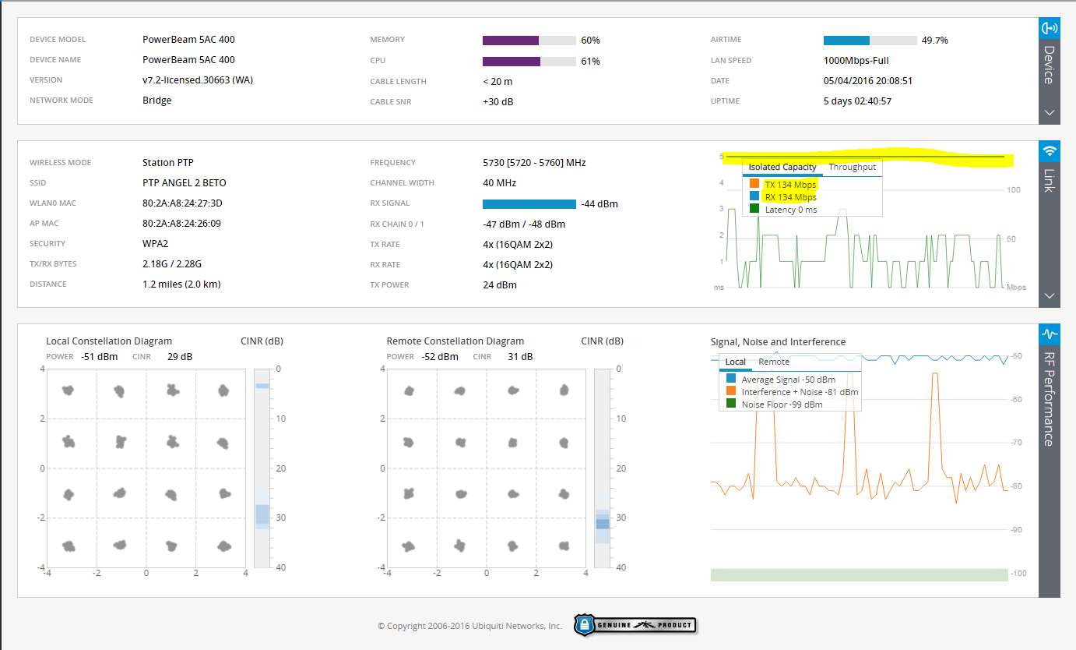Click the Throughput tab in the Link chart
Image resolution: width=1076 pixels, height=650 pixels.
(x=852, y=167)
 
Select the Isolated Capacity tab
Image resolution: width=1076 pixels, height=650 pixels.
(x=782, y=167)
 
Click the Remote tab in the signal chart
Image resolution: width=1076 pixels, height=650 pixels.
(x=774, y=362)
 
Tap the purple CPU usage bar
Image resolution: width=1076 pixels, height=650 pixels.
(x=512, y=62)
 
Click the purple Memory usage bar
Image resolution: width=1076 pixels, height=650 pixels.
(x=511, y=41)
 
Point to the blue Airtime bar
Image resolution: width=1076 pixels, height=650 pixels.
(x=846, y=41)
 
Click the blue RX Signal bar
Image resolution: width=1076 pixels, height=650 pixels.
(x=529, y=204)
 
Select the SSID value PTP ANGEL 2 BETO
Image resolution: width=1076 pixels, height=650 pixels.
(x=185, y=183)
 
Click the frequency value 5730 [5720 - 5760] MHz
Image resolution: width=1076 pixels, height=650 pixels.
(x=534, y=163)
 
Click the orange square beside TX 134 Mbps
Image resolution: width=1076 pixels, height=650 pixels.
(x=754, y=185)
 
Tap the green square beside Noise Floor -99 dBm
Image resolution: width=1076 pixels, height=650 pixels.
(x=731, y=404)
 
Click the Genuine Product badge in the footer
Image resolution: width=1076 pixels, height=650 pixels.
(x=635, y=624)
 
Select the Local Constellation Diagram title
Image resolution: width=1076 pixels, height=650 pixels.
(x=109, y=341)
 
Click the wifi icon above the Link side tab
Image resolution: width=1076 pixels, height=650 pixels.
(x=1050, y=150)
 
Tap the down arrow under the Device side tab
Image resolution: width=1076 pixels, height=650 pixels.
(x=1050, y=112)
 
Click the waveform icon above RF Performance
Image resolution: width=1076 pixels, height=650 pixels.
(x=1050, y=334)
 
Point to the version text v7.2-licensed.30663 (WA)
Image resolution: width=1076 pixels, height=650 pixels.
(x=198, y=80)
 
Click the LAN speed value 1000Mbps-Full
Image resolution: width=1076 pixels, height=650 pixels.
(x=856, y=61)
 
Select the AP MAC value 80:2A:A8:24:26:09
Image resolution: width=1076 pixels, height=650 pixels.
(x=182, y=224)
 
